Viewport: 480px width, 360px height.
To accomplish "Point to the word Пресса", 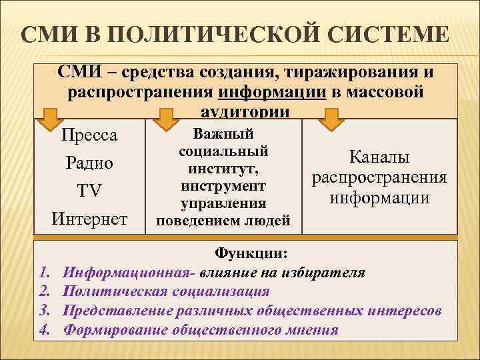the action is tap(89, 135).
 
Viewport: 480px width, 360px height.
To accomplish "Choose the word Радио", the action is tap(89, 163).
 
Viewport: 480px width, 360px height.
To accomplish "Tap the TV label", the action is tap(89, 191).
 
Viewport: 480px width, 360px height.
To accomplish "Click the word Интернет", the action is tap(89, 218).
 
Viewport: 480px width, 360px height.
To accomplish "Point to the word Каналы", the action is tap(379, 157).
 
